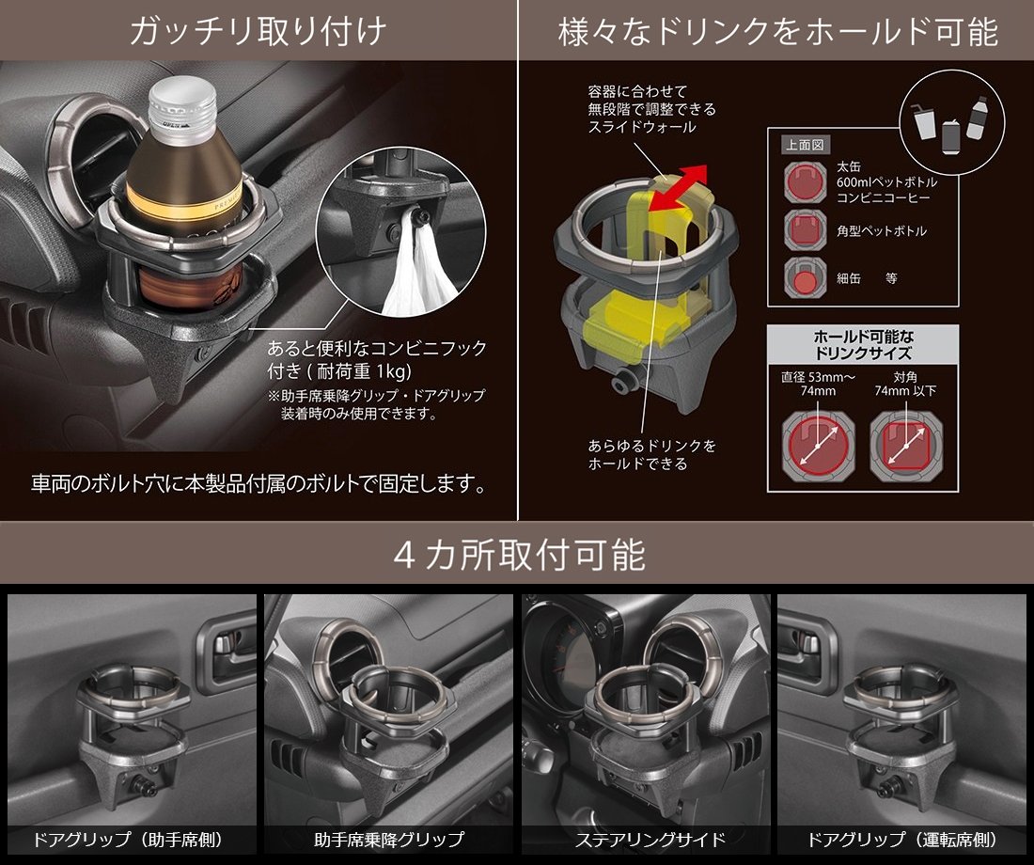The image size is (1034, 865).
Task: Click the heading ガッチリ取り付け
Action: click(258, 31)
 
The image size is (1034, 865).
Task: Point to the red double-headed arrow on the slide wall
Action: click(677, 189)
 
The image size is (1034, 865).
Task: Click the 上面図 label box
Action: click(804, 145)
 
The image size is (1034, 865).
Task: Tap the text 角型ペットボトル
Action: click(882, 231)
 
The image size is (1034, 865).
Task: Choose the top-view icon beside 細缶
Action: click(806, 277)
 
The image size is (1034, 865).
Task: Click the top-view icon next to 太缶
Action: click(806, 181)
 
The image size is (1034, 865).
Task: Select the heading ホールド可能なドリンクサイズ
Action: click(863, 345)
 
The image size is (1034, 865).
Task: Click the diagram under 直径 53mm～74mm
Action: click(818, 445)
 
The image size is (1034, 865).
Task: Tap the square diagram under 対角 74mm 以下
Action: click(906, 446)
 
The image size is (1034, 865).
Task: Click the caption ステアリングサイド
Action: click(650, 840)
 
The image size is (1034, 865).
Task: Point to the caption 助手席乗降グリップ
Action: click(389, 840)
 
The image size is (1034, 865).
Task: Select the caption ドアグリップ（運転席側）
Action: click(904, 840)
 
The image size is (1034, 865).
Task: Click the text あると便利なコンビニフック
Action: click(377, 348)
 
